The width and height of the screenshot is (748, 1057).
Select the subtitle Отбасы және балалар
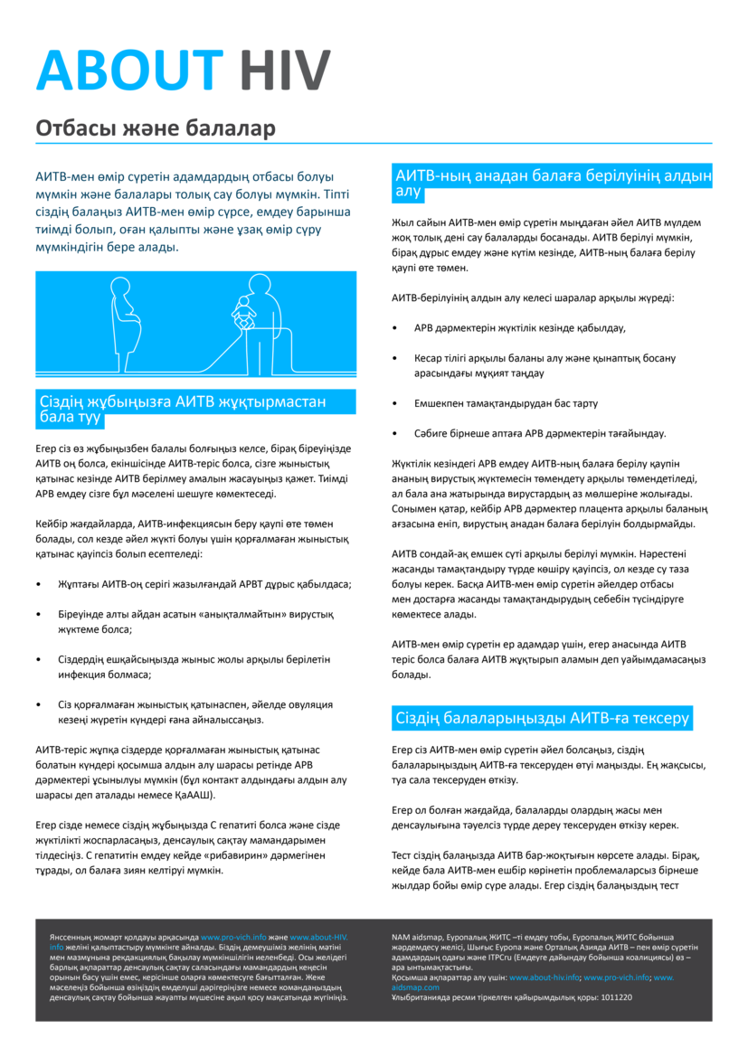pos(155,128)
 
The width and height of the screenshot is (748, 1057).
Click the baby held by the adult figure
pos(241,313)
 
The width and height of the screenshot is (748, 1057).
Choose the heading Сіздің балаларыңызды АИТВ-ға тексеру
pos(542,719)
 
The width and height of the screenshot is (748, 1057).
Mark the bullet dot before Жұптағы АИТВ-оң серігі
pos(38,584)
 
